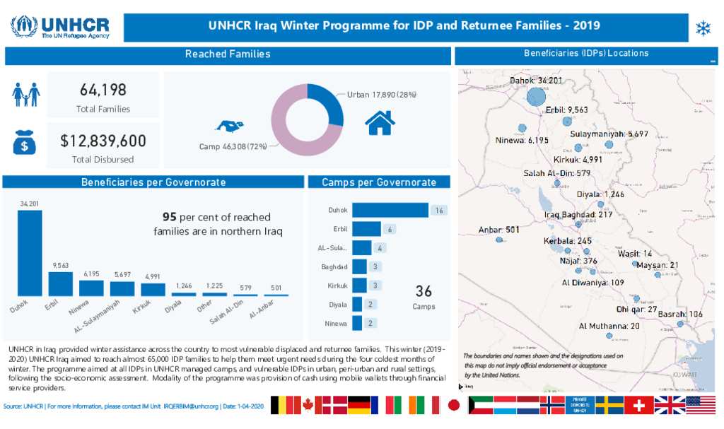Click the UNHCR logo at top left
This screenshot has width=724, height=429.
[x=59, y=27]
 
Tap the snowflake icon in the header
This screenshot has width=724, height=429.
[x=703, y=28]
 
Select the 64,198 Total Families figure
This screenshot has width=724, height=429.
[x=103, y=90]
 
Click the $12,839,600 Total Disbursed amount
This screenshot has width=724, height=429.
[x=103, y=141]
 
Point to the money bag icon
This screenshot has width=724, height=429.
[x=24, y=141]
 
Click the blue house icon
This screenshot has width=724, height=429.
[x=380, y=122]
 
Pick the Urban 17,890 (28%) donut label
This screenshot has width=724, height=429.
[x=382, y=95]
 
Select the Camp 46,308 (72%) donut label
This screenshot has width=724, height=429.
[x=233, y=147]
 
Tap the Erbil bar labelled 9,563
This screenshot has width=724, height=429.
[x=60, y=283]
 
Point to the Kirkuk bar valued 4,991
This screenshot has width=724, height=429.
[x=153, y=289]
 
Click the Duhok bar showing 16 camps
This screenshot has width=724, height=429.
[x=390, y=210]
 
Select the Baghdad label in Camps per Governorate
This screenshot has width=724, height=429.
[x=334, y=266]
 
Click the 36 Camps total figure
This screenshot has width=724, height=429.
[x=424, y=291]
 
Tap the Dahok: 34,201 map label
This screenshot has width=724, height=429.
[x=536, y=81]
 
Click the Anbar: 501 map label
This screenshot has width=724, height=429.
[x=499, y=230]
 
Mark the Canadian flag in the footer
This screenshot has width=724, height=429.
[x=308, y=405]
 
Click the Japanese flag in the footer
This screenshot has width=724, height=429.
[x=453, y=405]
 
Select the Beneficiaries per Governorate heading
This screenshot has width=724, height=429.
[x=153, y=182]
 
